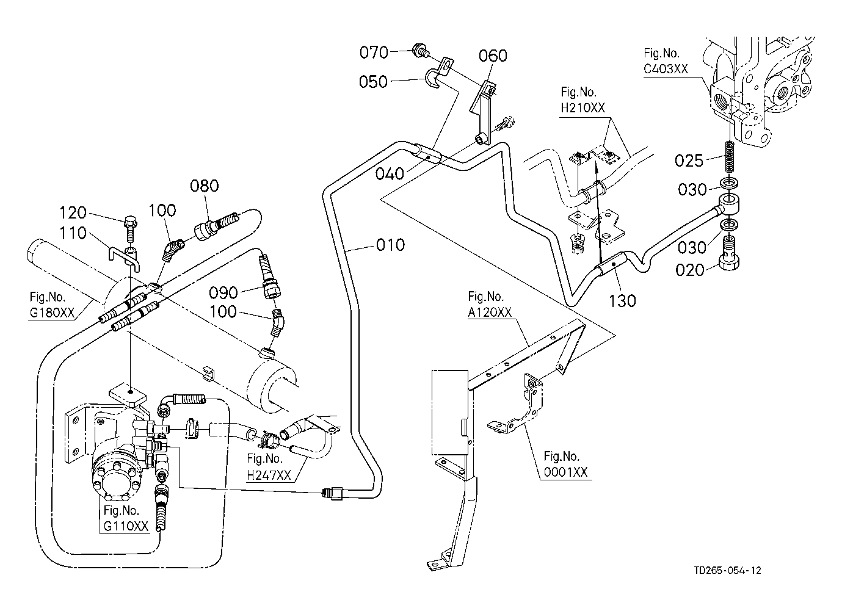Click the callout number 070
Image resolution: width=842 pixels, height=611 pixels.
(374, 52)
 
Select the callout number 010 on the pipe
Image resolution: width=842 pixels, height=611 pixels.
(390, 245)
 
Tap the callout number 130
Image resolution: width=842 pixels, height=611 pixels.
(622, 300)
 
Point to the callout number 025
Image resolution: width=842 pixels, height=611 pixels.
(690, 161)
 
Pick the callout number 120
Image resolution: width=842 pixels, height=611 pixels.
(74, 213)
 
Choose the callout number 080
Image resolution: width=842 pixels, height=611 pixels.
(204, 186)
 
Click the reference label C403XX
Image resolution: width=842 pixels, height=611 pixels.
(666, 70)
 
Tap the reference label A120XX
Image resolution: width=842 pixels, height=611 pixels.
(490, 312)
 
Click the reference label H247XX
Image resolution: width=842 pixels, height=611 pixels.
(269, 475)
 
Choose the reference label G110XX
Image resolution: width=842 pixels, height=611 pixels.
(126, 526)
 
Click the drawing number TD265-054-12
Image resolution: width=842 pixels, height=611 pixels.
(727, 571)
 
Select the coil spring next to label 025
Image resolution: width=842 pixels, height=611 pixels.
(728, 156)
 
